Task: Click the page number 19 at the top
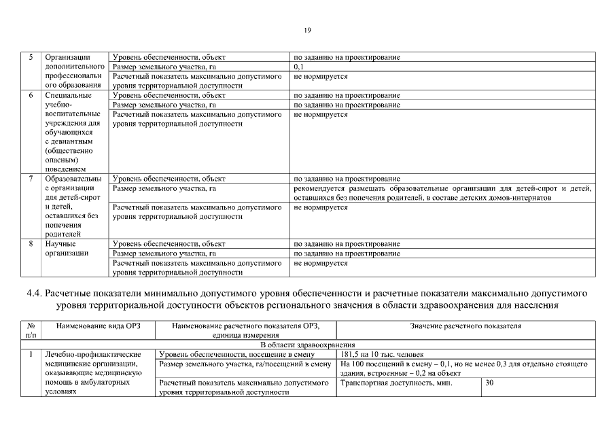pos(307,30)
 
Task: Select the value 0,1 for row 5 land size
pos(298,67)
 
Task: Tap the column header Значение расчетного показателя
pos(465,326)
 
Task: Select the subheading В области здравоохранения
pos(307,345)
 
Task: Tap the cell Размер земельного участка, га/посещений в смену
pos(244,364)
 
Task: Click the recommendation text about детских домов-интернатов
pos(442,192)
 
